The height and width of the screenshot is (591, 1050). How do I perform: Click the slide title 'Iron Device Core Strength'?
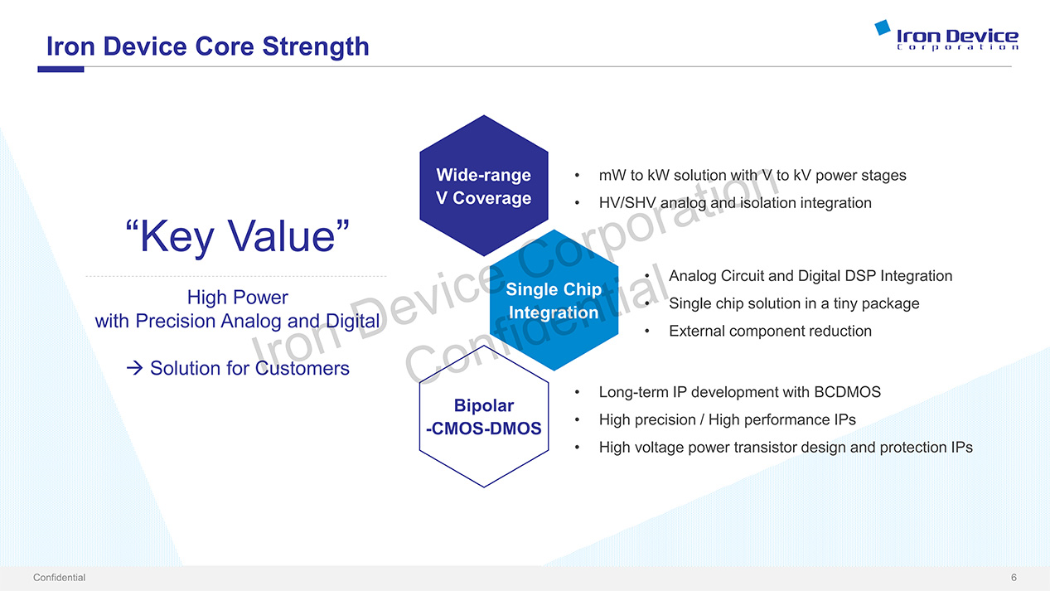pyautogui.click(x=208, y=46)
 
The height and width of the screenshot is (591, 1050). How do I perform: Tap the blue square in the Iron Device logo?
pyautogui.click(x=883, y=27)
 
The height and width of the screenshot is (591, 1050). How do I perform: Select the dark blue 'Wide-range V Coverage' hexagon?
pyautogui.click(x=484, y=186)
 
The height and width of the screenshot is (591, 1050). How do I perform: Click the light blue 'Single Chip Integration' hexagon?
pyautogui.click(x=554, y=300)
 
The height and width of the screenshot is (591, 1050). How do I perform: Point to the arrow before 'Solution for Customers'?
pyautogui.click(x=134, y=368)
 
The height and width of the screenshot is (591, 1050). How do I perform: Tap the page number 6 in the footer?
pyautogui.click(x=1014, y=578)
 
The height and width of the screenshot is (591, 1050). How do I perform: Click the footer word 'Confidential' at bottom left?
pyautogui.click(x=59, y=578)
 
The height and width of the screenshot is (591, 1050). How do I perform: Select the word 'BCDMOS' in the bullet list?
pyautogui.click(x=848, y=392)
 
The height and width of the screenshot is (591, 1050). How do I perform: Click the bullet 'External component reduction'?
pyautogui.click(x=770, y=331)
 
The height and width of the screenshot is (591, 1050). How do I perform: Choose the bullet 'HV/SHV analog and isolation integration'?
pyautogui.click(x=735, y=203)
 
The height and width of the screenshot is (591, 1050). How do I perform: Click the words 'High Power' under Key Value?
pyautogui.click(x=238, y=297)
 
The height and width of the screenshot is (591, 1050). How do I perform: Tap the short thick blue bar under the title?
pyautogui.click(x=61, y=70)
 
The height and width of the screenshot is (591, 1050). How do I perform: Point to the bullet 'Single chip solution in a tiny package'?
pyautogui.click(x=794, y=303)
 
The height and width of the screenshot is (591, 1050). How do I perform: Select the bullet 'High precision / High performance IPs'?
pyautogui.click(x=728, y=419)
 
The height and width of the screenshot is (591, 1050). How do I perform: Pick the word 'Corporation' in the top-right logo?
pyautogui.click(x=958, y=47)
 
